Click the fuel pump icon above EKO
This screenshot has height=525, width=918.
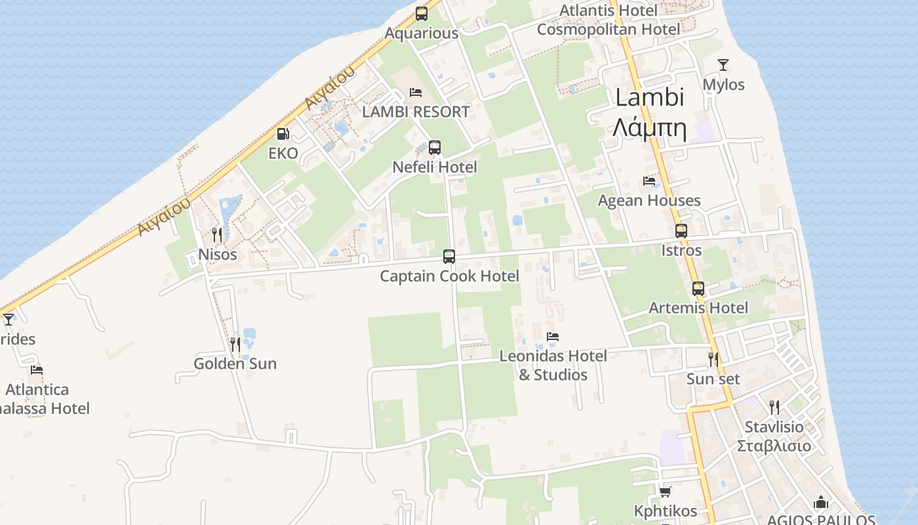point(283,134)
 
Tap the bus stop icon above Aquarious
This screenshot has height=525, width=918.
point(422,13)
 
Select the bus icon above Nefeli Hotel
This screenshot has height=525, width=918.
point(435,148)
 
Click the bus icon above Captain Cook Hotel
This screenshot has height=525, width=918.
point(449,257)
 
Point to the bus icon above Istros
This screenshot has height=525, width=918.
point(681,231)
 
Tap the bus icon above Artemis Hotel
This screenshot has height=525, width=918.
point(698,289)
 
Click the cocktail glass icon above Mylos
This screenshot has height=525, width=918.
point(723,65)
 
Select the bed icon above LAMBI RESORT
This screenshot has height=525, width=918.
point(416,93)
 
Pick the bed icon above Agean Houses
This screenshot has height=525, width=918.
point(649,181)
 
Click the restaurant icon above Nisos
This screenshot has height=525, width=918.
point(217,234)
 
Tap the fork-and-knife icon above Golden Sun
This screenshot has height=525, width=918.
point(235,344)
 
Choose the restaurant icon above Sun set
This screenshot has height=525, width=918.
point(713,360)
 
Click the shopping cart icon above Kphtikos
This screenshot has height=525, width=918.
point(666,492)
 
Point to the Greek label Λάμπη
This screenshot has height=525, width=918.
point(650,129)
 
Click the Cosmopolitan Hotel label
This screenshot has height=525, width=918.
point(609,30)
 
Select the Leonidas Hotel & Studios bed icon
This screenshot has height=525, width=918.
point(553,337)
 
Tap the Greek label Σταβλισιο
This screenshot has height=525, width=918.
point(774,446)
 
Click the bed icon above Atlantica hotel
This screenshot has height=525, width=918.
point(37,370)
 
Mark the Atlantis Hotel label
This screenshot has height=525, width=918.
point(608,10)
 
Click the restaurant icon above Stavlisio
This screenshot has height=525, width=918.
point(774,407)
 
